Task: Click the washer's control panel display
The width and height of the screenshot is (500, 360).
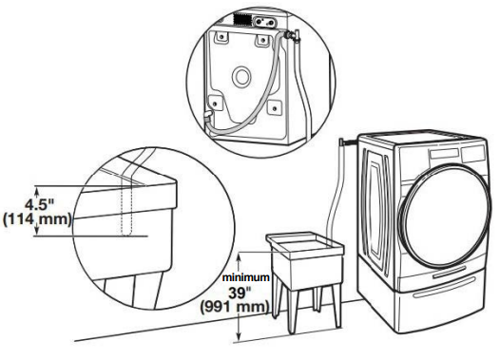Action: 455,155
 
